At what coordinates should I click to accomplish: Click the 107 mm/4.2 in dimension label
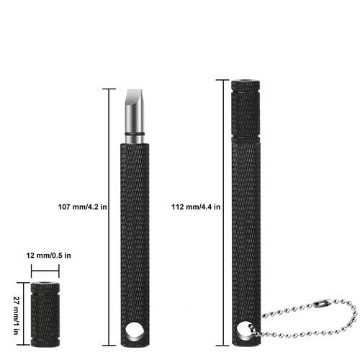82,207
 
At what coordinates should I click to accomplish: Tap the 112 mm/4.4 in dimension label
196,207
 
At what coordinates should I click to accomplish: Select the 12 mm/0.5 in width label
49,256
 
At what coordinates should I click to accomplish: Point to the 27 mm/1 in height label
16,315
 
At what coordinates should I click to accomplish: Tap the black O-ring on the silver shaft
135,134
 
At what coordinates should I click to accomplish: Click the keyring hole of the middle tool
135,330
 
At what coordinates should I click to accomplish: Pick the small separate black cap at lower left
45,315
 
